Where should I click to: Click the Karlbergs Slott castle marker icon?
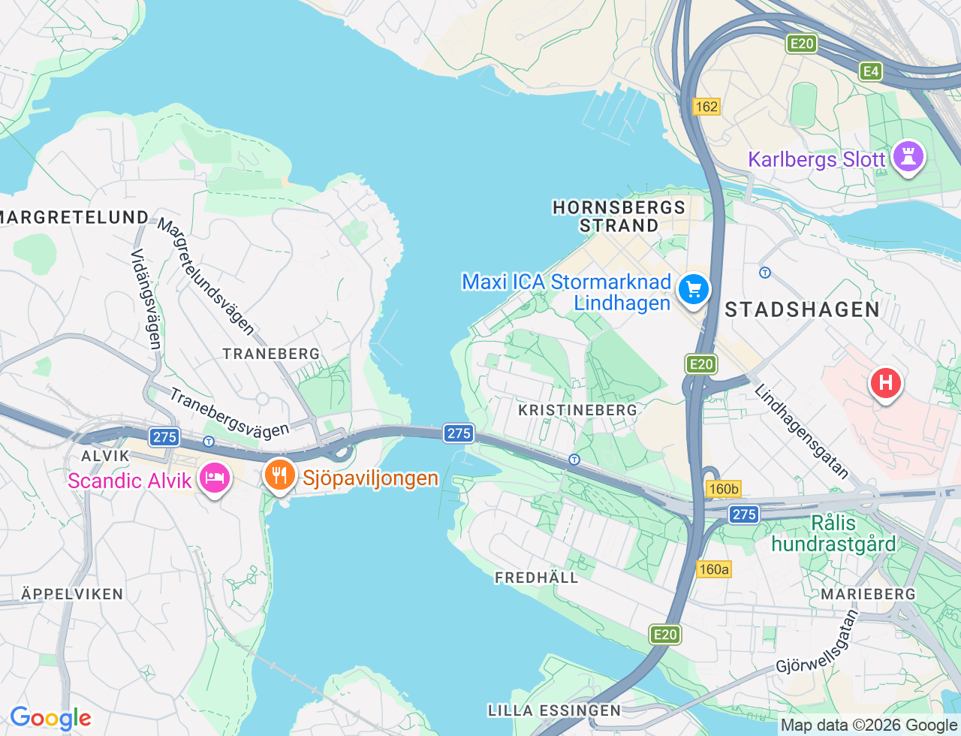pos(908,157)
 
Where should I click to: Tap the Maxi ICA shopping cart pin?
pos(693,289)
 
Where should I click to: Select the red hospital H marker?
pos(885,383)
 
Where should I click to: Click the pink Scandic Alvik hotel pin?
pos(215,478)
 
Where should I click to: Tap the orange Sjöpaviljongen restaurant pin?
pos(279,475)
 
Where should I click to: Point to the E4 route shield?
pos(870,71)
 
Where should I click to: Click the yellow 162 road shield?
pos(706,107)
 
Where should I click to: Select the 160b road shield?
pos(724,489)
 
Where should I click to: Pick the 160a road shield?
pos(713,569)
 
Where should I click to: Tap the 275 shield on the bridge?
pos(459,433)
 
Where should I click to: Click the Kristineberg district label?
pos(577,410)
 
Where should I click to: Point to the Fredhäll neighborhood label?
pos(536,578)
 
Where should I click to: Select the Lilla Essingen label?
pos(554,710)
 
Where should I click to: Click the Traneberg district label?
pos(271,354)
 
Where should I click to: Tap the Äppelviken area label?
pos(72,594)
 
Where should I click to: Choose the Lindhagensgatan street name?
pos(801,432)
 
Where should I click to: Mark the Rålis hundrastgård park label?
pos(833,533)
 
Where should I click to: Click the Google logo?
pos(50,719)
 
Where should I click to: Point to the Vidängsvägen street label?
pos(146,299)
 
